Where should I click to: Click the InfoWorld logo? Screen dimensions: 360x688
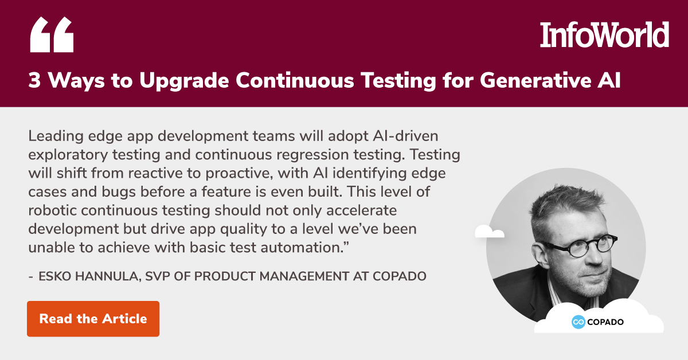(604, 35)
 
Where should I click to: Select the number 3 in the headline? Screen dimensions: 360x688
(35, 80)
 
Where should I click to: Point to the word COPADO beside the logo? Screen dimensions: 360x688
(606, 322)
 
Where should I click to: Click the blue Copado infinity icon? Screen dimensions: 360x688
(578, 322)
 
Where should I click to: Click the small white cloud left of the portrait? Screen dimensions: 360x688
(490, 231)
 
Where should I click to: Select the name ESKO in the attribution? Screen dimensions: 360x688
(54, 276)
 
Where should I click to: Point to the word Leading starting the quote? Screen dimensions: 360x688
(53, 138)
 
